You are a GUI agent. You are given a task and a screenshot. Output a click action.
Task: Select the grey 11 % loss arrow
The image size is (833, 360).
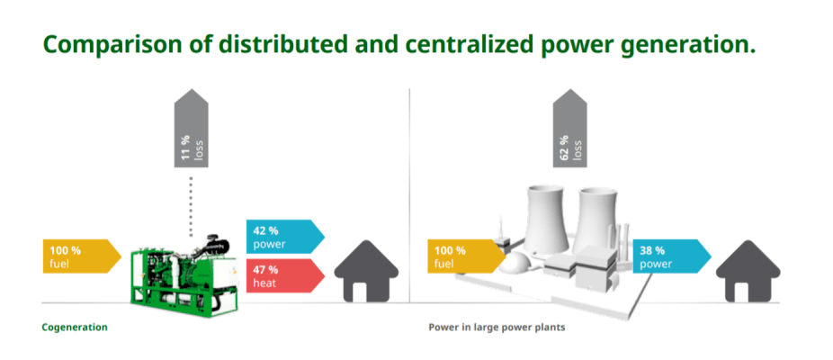(191, 128)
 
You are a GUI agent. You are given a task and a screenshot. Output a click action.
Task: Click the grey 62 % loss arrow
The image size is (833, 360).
(569, 128)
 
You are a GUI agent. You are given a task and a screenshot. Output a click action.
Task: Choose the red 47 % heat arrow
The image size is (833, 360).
(285, 275)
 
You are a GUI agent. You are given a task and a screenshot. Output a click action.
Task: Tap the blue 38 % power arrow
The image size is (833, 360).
(671, 256)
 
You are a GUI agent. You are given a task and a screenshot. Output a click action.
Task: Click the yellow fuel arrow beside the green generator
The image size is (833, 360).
(83, 256)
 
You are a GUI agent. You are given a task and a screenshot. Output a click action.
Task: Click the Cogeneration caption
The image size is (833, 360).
(75, 327)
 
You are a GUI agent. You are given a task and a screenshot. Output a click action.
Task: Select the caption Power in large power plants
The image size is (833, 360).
(497, 327)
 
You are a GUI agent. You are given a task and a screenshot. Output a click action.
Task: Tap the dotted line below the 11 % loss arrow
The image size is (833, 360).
(191, 206)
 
